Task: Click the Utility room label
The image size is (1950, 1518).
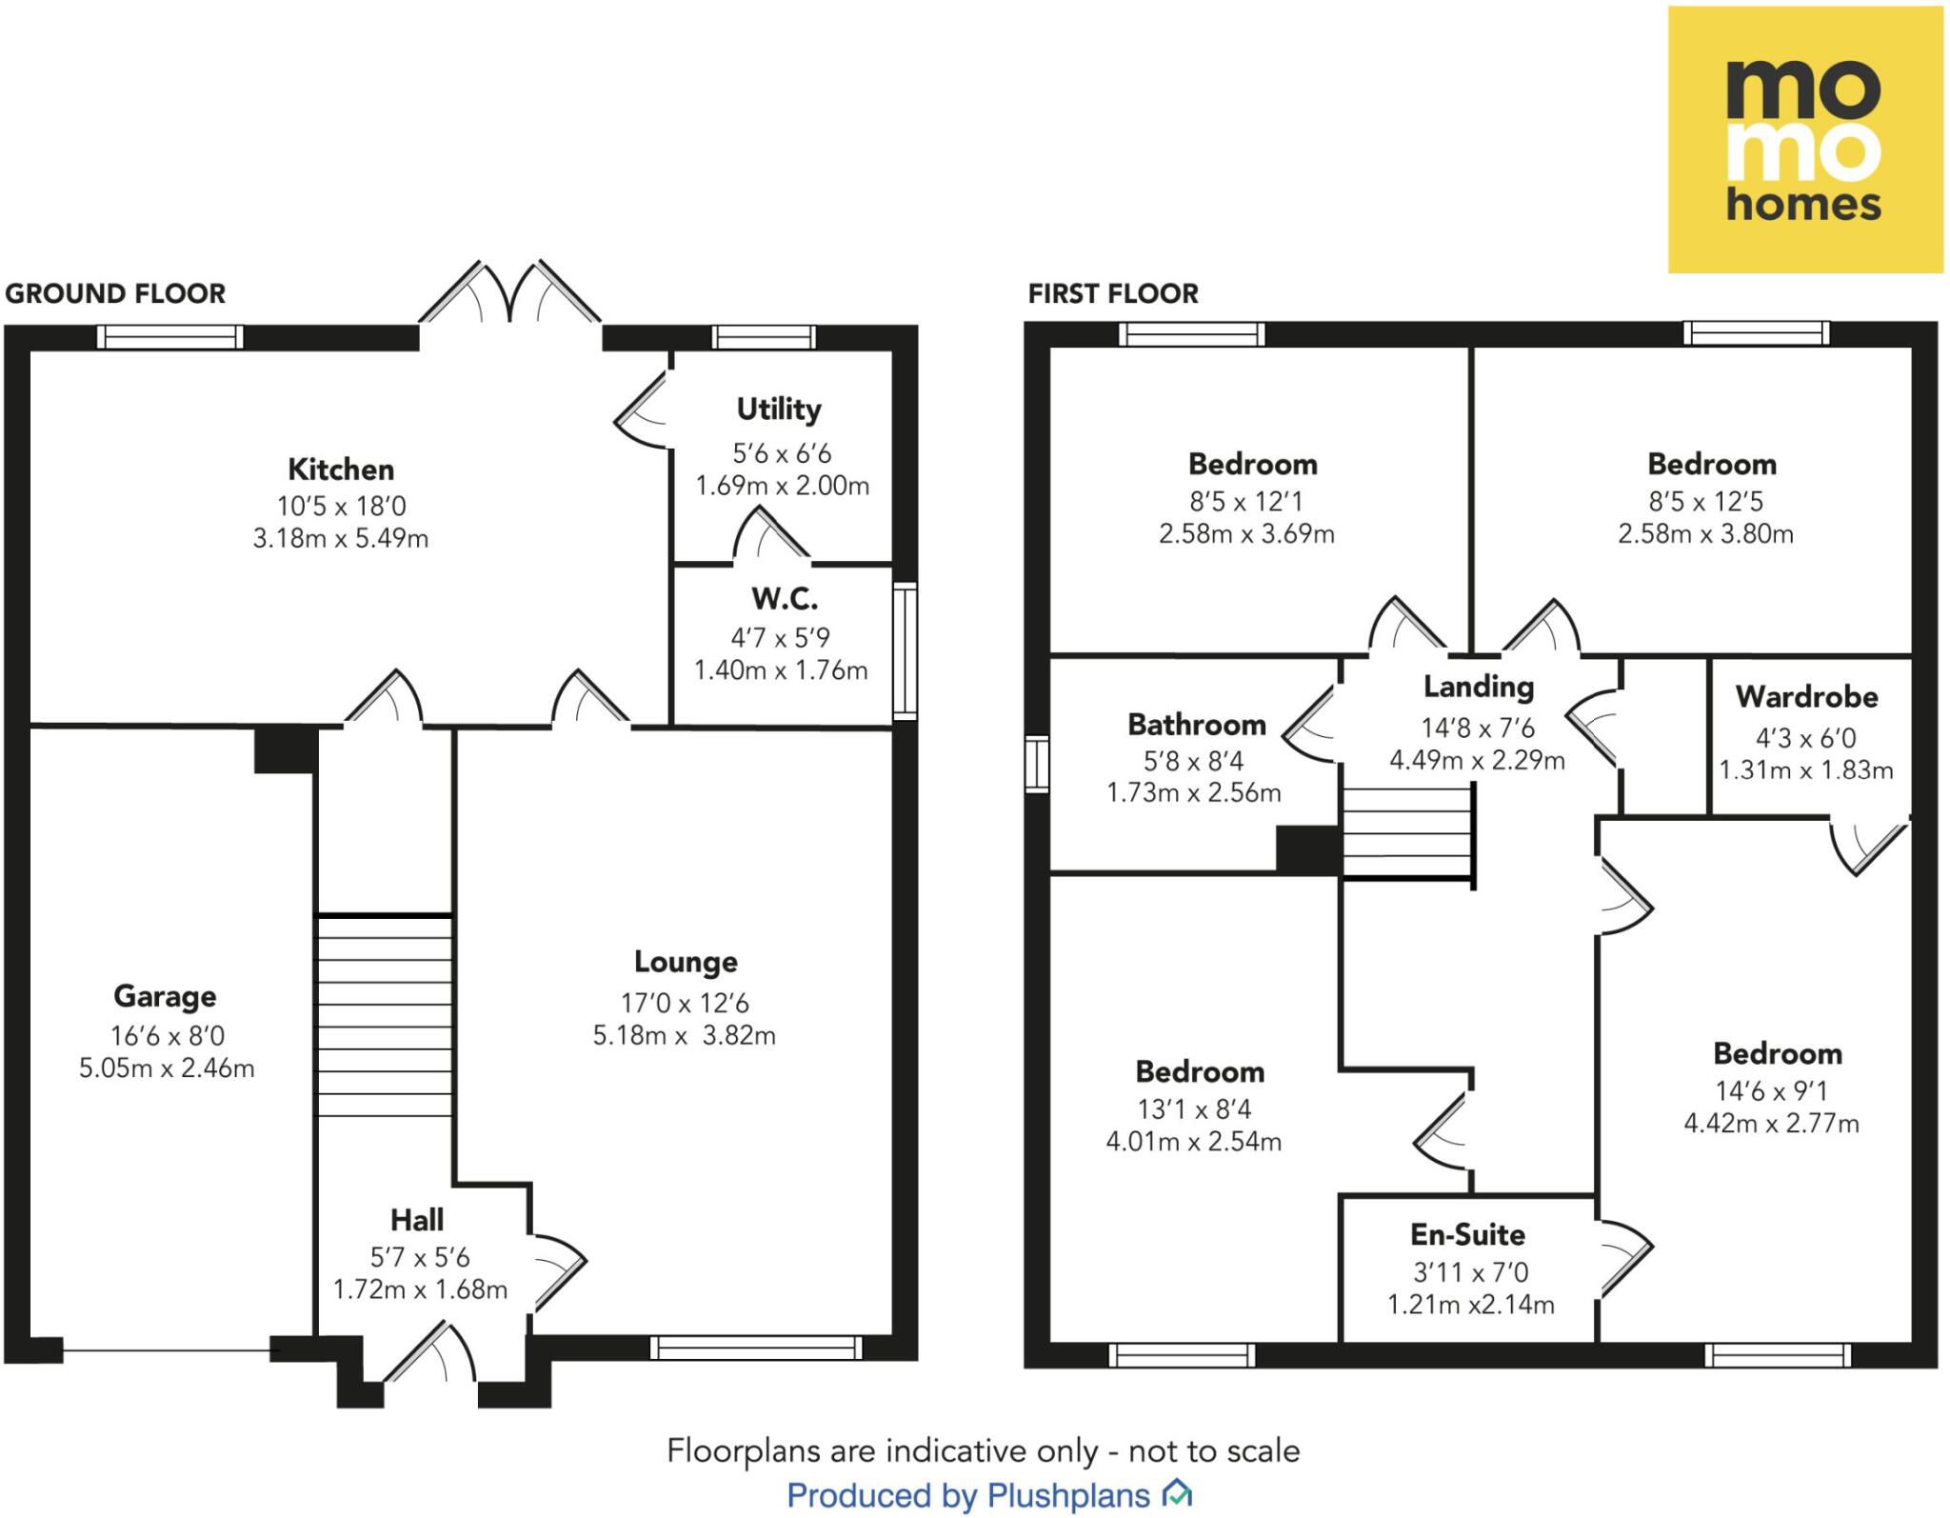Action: click(779, 409)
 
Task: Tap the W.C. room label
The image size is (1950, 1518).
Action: click(784, 599)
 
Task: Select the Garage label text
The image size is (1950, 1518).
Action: click(165, 996)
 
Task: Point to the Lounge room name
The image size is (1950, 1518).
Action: click(686, 962)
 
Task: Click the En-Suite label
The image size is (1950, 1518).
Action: click(1467, 1235)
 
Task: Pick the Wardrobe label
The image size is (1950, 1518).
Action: click(1806, 697)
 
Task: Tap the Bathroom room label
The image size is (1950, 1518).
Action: click(1196, 725)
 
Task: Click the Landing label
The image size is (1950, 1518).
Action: click(1478, 687)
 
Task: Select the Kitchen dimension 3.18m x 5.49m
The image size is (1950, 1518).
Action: click(340, 539)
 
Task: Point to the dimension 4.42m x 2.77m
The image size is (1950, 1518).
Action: click(1771, 1124)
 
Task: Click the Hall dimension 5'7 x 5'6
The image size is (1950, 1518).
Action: click(420, 1257)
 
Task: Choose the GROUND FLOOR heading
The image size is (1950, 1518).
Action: click(115, 293)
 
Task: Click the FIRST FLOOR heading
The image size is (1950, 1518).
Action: click(1112, 293)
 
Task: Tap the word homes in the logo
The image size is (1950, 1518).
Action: click(1803, 204)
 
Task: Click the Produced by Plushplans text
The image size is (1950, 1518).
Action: click(968, 1495)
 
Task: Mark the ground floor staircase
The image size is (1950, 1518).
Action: click(384, 1015)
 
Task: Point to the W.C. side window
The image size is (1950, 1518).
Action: click(905, 651)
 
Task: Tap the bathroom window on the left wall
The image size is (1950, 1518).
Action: click(1037, 764)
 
